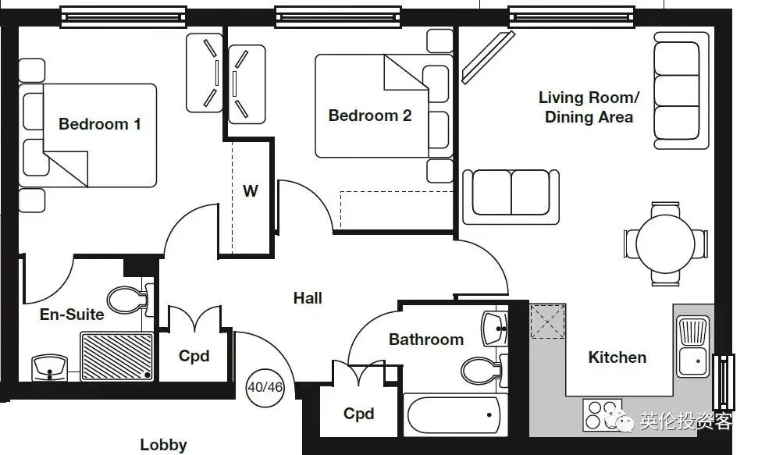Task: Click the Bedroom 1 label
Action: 100,124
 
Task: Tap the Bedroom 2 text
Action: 370,116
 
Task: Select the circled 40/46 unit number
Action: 265,387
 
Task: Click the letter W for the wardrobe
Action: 251,191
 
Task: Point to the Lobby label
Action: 163,445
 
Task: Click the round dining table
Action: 665,244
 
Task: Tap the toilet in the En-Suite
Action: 130,300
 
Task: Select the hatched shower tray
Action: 116,356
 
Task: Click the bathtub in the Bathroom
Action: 454,415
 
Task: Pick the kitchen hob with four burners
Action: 602,415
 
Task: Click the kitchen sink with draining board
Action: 693,347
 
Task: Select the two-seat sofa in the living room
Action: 511,197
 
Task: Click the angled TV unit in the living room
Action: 487,58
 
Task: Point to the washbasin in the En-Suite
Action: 50,368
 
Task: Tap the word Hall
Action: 308,298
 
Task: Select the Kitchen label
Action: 617,357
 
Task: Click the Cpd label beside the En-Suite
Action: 194,356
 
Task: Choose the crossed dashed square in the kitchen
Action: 548,322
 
